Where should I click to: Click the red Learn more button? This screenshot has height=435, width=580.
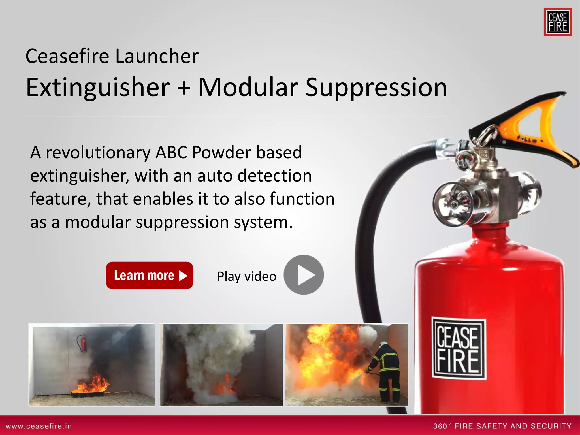[x=149, y=275]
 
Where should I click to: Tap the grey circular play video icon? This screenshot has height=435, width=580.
[x=304, y=275]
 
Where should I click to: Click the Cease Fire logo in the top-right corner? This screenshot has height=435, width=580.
[x=558, y=22]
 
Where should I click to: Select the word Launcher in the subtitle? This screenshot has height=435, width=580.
[x=157, y=56]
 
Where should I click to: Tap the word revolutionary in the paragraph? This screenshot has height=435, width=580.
[x=98, y=153]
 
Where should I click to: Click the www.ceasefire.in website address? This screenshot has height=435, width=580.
[x=39, y=426]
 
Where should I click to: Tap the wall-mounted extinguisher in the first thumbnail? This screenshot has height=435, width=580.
[x=82, y=343]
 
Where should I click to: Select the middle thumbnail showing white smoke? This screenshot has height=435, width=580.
[x=221, y=365]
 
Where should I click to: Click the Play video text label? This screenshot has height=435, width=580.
[x=246, y=276]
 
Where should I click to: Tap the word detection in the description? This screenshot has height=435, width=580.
[x=274, y=176]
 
